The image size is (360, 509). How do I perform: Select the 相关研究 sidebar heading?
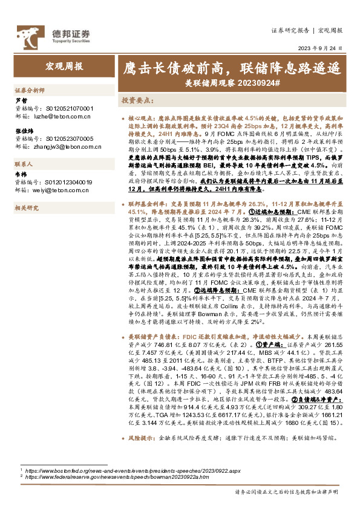[x=27, y=208]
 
